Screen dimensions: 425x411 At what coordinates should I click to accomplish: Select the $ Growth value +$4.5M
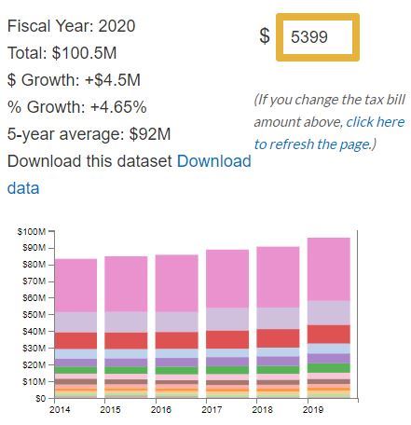coord(110,79)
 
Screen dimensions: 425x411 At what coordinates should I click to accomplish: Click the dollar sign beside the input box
coord(265,37)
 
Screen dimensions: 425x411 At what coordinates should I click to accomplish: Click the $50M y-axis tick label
coord(33,314)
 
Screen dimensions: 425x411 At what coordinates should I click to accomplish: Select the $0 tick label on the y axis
coord(38,398)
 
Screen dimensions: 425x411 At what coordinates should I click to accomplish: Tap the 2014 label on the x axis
coord(59,410)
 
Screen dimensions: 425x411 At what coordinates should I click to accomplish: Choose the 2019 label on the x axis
coord(310,410)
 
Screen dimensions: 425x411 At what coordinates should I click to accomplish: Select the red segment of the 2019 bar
coord(329,334)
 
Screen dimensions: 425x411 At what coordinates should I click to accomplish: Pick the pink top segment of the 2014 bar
coord(76,285)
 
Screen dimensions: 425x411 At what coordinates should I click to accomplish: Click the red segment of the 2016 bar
coord(177,340)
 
